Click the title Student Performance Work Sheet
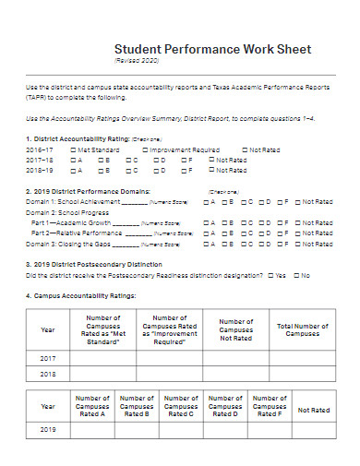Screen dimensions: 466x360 212,49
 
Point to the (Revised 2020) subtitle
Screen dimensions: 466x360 138,62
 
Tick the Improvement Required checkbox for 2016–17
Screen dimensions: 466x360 144,149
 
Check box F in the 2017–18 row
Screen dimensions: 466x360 183,160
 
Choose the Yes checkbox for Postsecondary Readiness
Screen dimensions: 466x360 269,276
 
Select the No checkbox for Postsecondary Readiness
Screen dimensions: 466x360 296,276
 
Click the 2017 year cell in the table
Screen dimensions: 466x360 48,358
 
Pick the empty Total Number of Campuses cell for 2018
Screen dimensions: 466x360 303,375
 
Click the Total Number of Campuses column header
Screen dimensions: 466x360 303,329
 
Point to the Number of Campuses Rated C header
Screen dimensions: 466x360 181,407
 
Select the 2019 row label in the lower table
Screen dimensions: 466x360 48,430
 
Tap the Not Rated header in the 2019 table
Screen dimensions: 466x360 314,410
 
